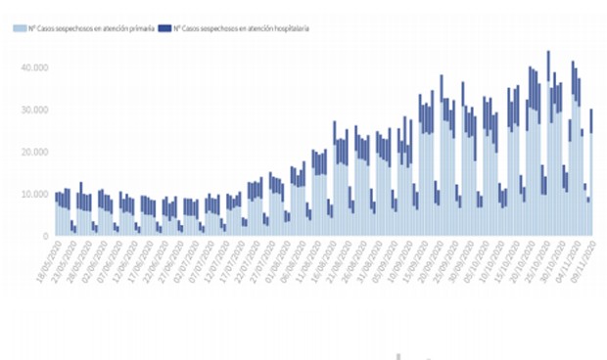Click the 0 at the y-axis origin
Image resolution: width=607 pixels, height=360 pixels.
pyautogui.click(x=45, y=236)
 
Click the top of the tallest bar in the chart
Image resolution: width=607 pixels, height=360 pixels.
pyautogui.click(x=548, y=52)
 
